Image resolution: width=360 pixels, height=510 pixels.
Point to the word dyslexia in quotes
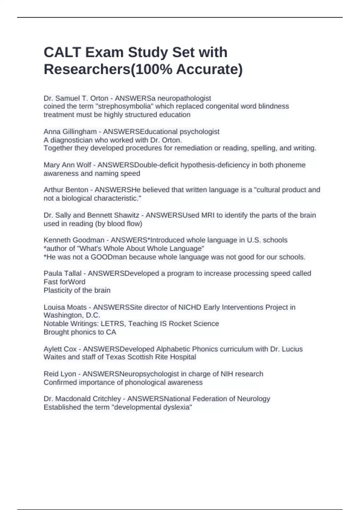click(176, 407)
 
